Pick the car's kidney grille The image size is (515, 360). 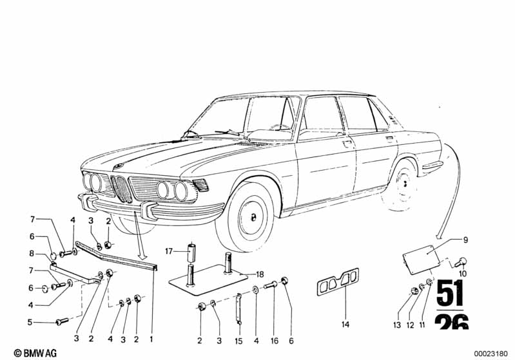point(119,188)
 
